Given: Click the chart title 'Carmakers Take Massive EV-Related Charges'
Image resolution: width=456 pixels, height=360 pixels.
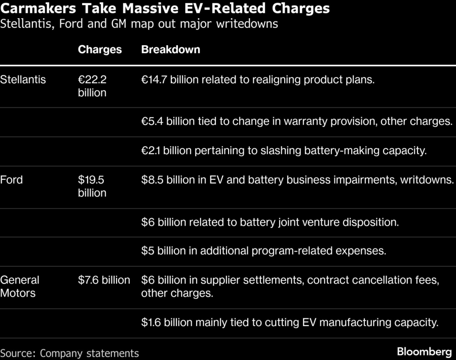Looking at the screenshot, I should click(x=165, y=9).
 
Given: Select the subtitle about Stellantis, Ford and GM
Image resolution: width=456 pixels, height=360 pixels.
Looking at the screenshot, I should click(x=139, y=24).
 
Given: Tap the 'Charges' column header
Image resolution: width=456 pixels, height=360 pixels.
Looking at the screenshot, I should click(x=100, y=50).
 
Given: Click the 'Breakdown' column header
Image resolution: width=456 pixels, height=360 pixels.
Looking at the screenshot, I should click(x=170, y=50).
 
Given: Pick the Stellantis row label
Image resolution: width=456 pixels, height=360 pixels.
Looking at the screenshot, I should click(x=23, y=80).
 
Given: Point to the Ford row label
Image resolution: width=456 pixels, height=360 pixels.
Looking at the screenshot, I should click(x=12, y=179).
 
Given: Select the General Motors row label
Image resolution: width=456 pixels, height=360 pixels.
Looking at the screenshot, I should click(x=20, y=286).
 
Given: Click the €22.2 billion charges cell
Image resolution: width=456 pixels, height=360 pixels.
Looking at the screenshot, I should click(x=92, y=86).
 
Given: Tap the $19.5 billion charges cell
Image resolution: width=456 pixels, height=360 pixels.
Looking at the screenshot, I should click(x=92, y=186).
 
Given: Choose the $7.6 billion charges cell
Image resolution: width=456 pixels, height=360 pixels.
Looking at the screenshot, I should click(x=104, y=280).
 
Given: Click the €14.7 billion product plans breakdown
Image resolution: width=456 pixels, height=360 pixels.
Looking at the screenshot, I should click(x=258, y=80).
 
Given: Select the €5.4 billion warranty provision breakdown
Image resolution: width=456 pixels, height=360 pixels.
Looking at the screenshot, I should click(x=296, y=122).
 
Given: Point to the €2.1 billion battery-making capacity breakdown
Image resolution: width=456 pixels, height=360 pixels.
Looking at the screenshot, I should click(x=284, y=151).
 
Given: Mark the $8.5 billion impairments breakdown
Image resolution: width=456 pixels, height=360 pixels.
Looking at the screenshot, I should click(x=297, y=179).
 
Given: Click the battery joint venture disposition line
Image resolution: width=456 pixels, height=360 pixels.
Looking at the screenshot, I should click(x=270, y=222).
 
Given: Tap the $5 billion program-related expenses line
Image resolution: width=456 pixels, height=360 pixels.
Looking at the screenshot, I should click(x=263, y=250).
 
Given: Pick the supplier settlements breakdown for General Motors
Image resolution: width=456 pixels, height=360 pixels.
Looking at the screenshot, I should click(x=290, y=286).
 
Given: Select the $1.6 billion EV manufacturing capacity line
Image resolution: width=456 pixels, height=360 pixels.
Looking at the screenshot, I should click(x=289, y=322).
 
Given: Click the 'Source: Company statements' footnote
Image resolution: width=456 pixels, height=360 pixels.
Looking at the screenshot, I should click(x=69, y=353).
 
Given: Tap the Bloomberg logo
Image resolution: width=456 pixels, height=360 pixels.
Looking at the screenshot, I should click(x=424, y=352).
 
